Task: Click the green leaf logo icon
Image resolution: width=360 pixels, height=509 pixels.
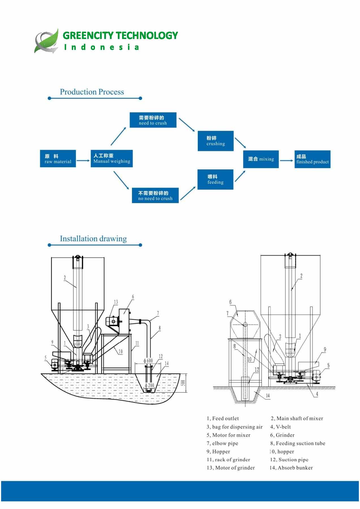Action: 47,41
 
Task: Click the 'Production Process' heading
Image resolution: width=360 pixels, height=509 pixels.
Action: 92,92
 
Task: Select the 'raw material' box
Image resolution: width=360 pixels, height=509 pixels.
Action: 58,159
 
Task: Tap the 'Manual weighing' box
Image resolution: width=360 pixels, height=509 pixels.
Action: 112,159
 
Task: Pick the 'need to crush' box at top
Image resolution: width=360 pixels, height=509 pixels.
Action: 153,120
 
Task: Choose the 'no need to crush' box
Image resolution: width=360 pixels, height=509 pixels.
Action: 155,195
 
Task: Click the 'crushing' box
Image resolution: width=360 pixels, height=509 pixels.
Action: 216,141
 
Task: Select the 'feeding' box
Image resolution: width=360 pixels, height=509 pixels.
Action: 215,179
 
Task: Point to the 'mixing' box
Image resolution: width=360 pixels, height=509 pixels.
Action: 261,159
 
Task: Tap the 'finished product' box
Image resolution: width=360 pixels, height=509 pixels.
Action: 312,159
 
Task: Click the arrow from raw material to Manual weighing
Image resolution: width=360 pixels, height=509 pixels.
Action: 83,161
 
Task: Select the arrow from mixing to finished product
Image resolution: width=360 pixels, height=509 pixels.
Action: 287,161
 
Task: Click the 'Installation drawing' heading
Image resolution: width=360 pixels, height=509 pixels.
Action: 93,239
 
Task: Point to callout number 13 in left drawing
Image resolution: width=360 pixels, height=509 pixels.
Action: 116,302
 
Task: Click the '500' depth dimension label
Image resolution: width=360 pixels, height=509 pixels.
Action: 183,383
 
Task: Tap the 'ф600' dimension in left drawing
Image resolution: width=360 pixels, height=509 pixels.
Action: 148,361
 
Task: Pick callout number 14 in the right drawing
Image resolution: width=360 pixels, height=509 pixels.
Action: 268,396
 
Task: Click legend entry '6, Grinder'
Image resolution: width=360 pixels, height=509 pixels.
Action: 282,435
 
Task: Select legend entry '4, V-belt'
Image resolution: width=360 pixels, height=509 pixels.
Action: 280,427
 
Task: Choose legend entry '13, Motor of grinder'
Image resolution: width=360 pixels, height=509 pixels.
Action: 231,468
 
